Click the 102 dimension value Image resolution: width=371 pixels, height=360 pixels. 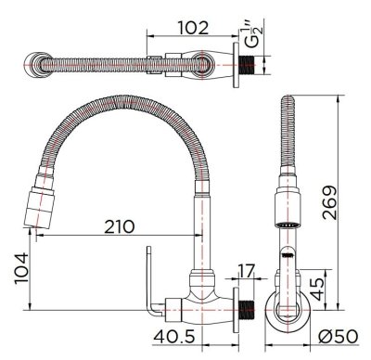[193, 28]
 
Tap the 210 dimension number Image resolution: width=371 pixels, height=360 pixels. [120, 226]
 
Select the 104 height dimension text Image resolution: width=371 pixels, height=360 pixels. [21, 268]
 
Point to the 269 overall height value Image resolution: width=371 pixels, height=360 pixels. [329, 202]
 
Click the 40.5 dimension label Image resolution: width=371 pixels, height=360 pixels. [174, 337]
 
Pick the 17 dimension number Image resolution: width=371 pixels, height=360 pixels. [246, 270]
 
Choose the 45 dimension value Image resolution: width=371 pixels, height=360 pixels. [318, 289]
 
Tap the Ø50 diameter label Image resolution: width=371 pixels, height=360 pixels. [339, 336]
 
